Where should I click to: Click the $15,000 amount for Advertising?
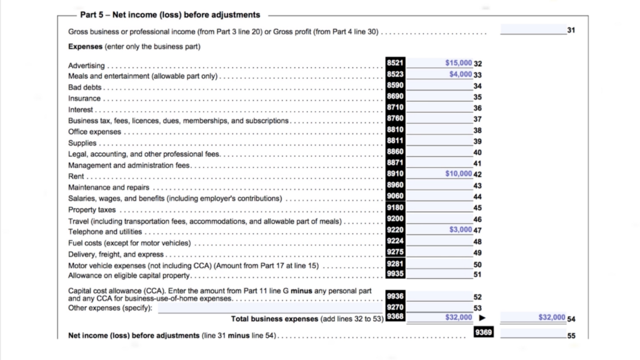(x=459, y=63)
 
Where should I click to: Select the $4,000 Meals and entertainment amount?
(x=461, y=74)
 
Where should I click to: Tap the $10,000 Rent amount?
(x=459, y=174)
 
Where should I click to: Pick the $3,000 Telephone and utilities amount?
(x=461, y=230)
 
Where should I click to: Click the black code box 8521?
(x=395, y=63)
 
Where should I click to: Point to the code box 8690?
(x=395, y=97)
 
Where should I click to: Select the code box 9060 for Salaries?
(x=395, y=196)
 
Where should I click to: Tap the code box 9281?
(x=395, y=264)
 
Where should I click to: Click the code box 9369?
(x=484, y=332)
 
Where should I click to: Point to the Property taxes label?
(x=92, y=209)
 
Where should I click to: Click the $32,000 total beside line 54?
(x=551, y=317)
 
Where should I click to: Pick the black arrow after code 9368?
(x=482, y=318)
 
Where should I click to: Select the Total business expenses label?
(x=274, y=319)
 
